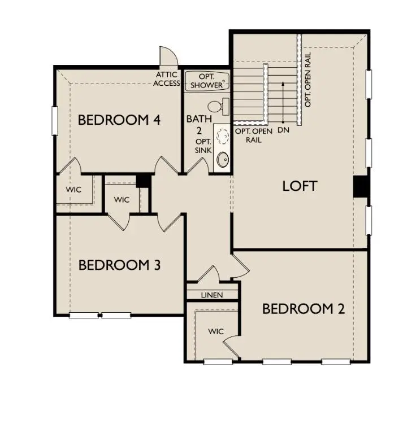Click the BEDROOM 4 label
[x=119, y=120]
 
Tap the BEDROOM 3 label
[x=119, y=265]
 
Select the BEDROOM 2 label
[x=304, y=309]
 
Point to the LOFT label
[x=300, y=186]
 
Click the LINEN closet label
[x=212, y=295]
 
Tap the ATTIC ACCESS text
[x=167, y=79]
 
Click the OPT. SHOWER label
[x=206, y=81]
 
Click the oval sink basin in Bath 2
[x=223, y=160]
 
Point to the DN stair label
[x=283, y=130]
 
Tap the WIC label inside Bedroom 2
[x=216, y=331]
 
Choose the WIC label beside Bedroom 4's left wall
[x=73, y=190]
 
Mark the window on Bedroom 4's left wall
[x=55, y=120]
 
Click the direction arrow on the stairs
[x=283, y=102]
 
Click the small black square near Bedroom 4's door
[x=143, y=180]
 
